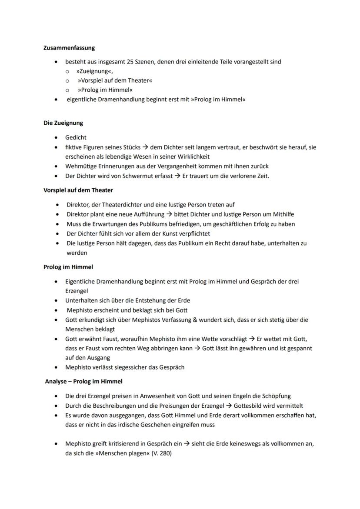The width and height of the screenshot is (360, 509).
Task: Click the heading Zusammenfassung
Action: [69, 48]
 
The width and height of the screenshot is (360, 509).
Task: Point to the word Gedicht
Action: [76, 137]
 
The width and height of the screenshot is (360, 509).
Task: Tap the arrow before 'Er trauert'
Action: [177, 176]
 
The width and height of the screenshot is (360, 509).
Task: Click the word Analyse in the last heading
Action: [57, 381]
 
